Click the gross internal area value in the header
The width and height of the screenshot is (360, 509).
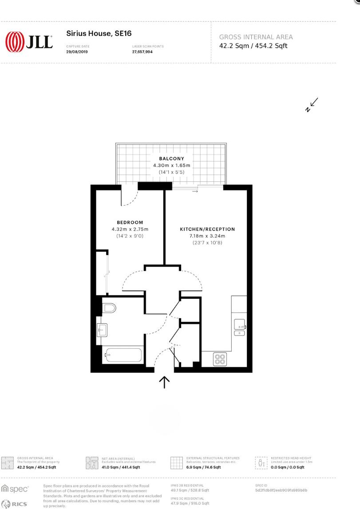pyautogui.click(x=253, y=45)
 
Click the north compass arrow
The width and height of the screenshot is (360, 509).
pyautogui.click(x=313, y=104)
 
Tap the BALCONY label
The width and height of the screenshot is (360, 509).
pyautogui.click(x=171, y=158)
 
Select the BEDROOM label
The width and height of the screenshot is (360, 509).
pyautogui.click(x=130, y=223)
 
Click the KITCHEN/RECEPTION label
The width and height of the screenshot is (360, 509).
pyautogui.click(x=207, y=229)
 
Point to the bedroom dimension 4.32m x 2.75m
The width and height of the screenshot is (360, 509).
pyautogui.click(x=130, y=229)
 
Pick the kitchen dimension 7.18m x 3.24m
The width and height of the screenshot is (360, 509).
pyautogui.click(x=207, y=236)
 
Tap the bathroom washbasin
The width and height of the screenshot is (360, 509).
pyautogui.click(x=103, y=329)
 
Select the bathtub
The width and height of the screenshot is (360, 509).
pyautogui.click(x=123, y=355)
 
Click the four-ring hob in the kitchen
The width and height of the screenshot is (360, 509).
pyautogui.click(x=220, y=358)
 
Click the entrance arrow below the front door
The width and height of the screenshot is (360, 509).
pyautogui.click(x=164, y=382)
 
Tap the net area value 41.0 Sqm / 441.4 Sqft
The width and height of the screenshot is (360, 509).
pyautogui.click(x=121, y=467)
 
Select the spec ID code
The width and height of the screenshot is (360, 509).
pyautogui.click(x=281, y=490)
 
